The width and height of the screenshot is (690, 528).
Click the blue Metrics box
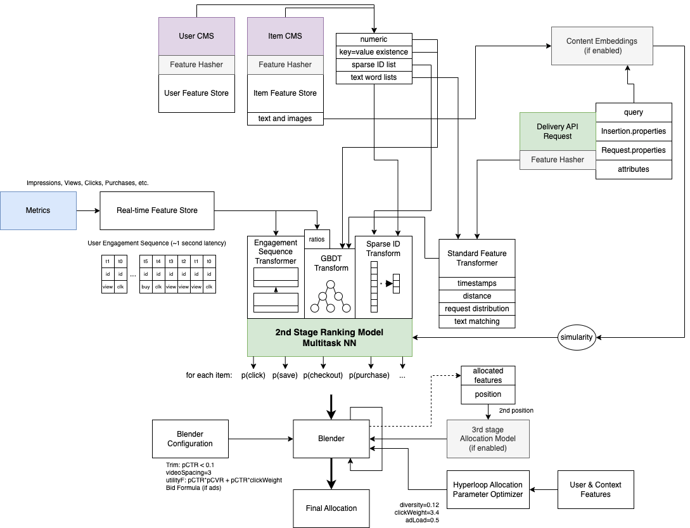pos(38,210)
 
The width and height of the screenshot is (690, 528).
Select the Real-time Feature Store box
pos(157,210)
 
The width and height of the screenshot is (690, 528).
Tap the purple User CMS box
pos(196,36)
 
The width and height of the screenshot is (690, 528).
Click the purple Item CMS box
pos(285,36)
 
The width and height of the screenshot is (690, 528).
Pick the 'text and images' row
pos(285,119)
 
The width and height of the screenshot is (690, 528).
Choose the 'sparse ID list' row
pos(374,65)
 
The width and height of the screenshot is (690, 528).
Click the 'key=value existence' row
pos(374,52)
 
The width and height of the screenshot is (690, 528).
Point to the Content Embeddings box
pos(602,46)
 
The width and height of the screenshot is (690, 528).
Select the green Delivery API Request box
pos(558,132)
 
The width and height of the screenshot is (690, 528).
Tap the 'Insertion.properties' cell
pos(634,131)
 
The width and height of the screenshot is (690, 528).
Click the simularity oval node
pos(577,337)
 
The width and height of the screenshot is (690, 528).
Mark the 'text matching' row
pos(477,321)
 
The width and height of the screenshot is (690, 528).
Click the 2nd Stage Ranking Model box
pos(329,337)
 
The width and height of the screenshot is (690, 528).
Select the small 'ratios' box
pos(317,239)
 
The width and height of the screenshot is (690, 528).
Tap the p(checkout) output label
pos(323,375)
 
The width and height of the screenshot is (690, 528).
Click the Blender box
pos(331,439)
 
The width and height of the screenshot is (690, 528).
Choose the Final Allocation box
pos(331,508)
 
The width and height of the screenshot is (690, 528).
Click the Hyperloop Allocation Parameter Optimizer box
pos(488,489)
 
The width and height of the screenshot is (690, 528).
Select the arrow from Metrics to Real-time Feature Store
pos(87,210)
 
